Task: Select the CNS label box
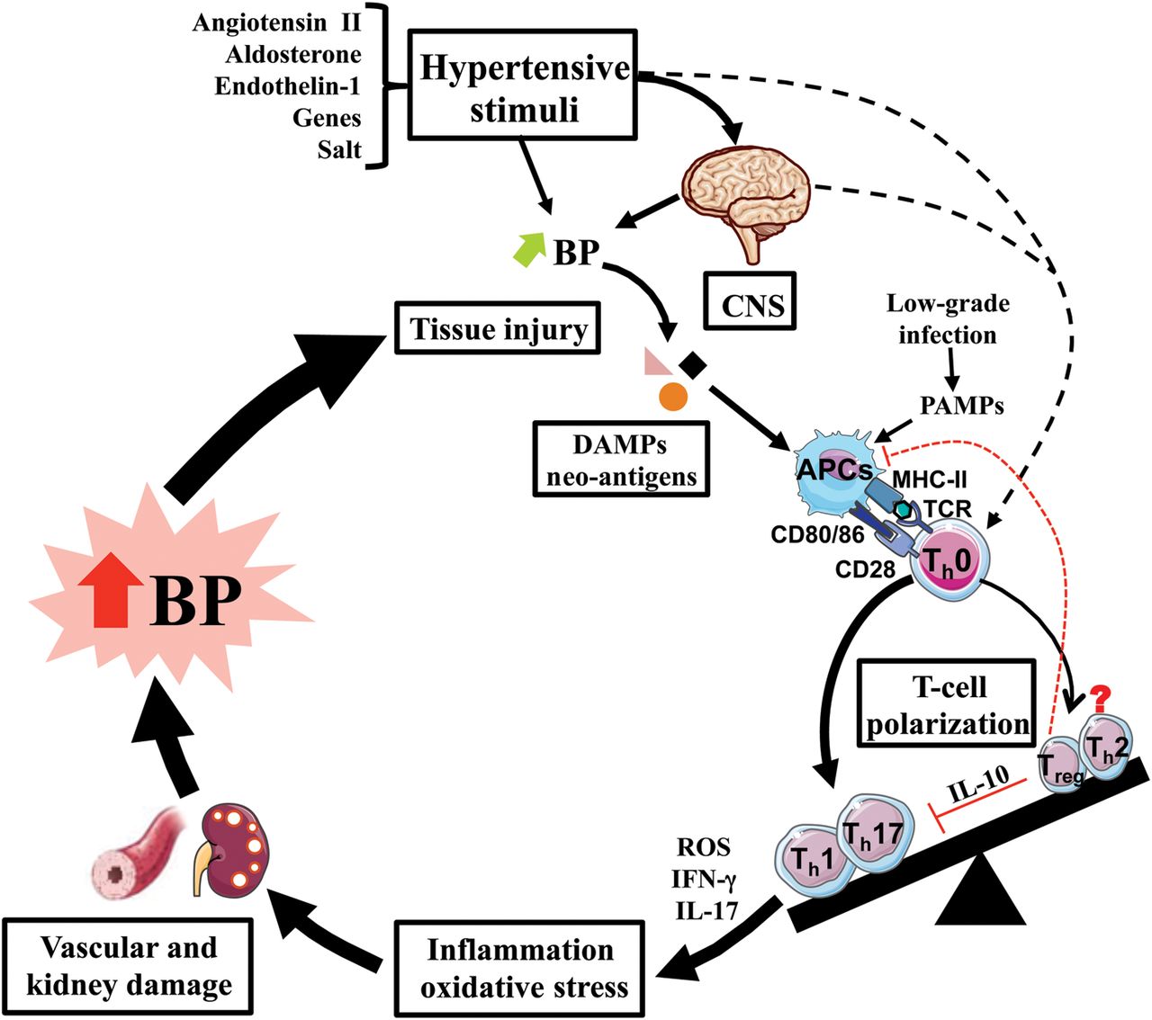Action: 752,306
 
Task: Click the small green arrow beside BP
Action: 528,249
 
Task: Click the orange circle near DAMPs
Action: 673,396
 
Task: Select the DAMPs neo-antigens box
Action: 622,460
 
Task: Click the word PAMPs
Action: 961,406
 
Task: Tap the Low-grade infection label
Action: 948,319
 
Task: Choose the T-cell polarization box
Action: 948,705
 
